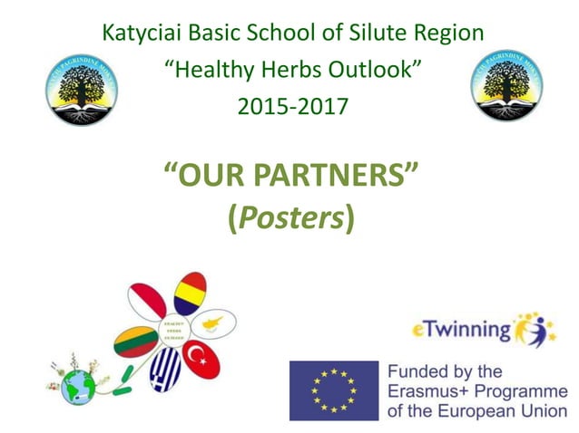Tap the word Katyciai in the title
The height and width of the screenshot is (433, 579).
pyautogui.click(x=145, y=34)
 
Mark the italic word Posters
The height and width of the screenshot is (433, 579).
pyautogui.click(x=291, y=219)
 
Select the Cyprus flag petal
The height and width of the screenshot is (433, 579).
pyautogui.click(x=216, y=322)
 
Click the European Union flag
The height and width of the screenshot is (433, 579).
pyautogui.click(x=333, y=390)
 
